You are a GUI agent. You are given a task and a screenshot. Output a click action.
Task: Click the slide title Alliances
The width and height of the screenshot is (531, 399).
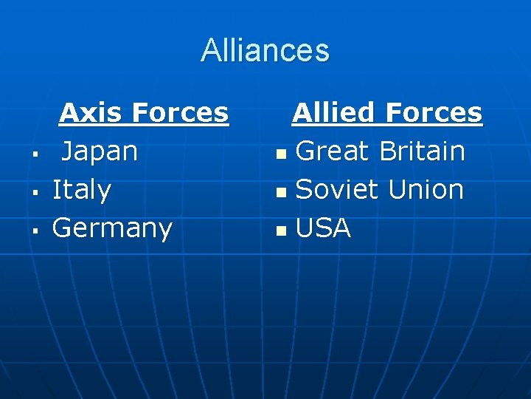265,50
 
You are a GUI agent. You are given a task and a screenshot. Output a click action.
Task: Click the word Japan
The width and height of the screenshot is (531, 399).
99,151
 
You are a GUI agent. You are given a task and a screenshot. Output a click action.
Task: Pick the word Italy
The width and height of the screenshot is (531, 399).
82,190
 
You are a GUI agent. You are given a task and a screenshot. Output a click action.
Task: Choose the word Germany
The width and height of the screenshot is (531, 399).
112,228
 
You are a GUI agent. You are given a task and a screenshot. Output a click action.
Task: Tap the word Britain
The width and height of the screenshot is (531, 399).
422,151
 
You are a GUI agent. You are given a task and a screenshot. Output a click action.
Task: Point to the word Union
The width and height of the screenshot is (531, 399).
426,190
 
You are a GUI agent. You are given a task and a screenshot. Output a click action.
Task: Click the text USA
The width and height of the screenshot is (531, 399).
323,228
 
